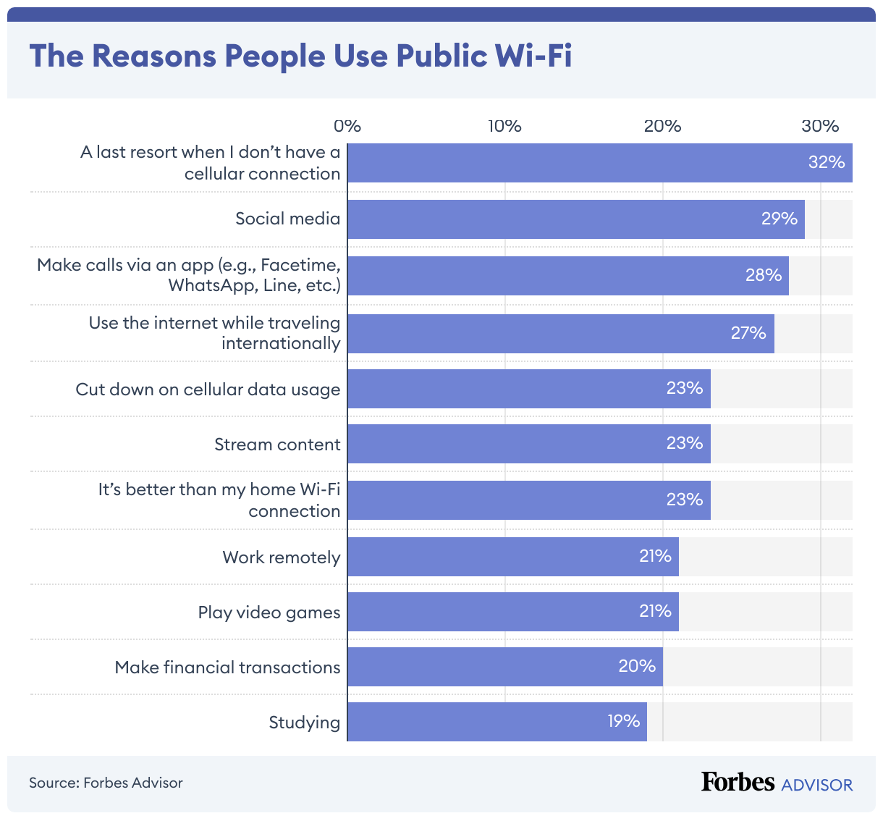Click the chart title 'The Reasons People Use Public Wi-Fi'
(x=300, y=56)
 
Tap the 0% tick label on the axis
(x=347, y=126)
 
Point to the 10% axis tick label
(x=504, y=126)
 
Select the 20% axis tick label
(x=662, y=126)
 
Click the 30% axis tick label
(x=820, y=126)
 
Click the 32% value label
(x=827, y=162)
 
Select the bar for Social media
(x=575, y=219)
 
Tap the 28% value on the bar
(x=764, y=275)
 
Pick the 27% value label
(x=748, y=333)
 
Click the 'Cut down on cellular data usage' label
(x=208, y=390)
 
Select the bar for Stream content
(x=528, y=444)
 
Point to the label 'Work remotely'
(x=281, y=557)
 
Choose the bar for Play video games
(x=512, y=612)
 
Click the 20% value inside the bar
(x=637, y=666)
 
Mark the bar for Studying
(x=497, y=722)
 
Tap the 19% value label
(x=623, y=721)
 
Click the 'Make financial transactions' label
(x=227, y=668)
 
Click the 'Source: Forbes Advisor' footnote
(x=106, y=783)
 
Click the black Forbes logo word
(x=738, y=783)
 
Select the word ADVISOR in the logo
(x=817, y=785)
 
